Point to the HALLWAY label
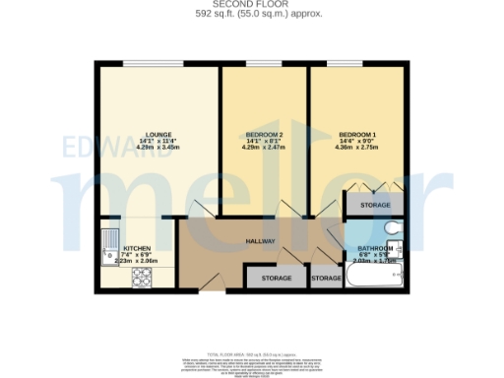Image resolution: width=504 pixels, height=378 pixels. pos(260,241)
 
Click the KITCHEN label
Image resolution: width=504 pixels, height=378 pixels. pos(135,249)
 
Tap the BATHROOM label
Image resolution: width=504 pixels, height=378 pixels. pos(375,247)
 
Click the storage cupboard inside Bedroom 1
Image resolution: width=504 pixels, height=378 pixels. pos(374,205)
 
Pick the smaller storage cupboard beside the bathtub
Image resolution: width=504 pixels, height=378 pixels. pos(326,280)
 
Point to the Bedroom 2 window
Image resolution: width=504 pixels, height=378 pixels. pos(263,64)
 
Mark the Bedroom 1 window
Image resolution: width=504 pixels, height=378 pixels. pos(357,64)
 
